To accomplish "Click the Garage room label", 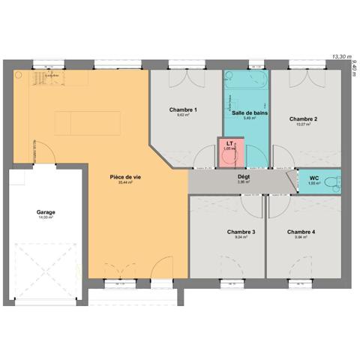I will coord(46,212).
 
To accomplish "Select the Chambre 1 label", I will coord(183,110).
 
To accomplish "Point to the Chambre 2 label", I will coord(303,119).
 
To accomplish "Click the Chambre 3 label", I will coord(241,232).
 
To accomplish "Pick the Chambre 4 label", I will coord(301,232).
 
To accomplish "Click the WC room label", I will coord(313,178).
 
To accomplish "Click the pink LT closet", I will coord(229,147).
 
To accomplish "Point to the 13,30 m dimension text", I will coord(341,56).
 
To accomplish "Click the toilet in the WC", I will coord(334,181).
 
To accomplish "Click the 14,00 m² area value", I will coord(46,217).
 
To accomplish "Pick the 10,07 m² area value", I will coord(303,124).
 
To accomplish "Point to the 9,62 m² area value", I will coord(183,115).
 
